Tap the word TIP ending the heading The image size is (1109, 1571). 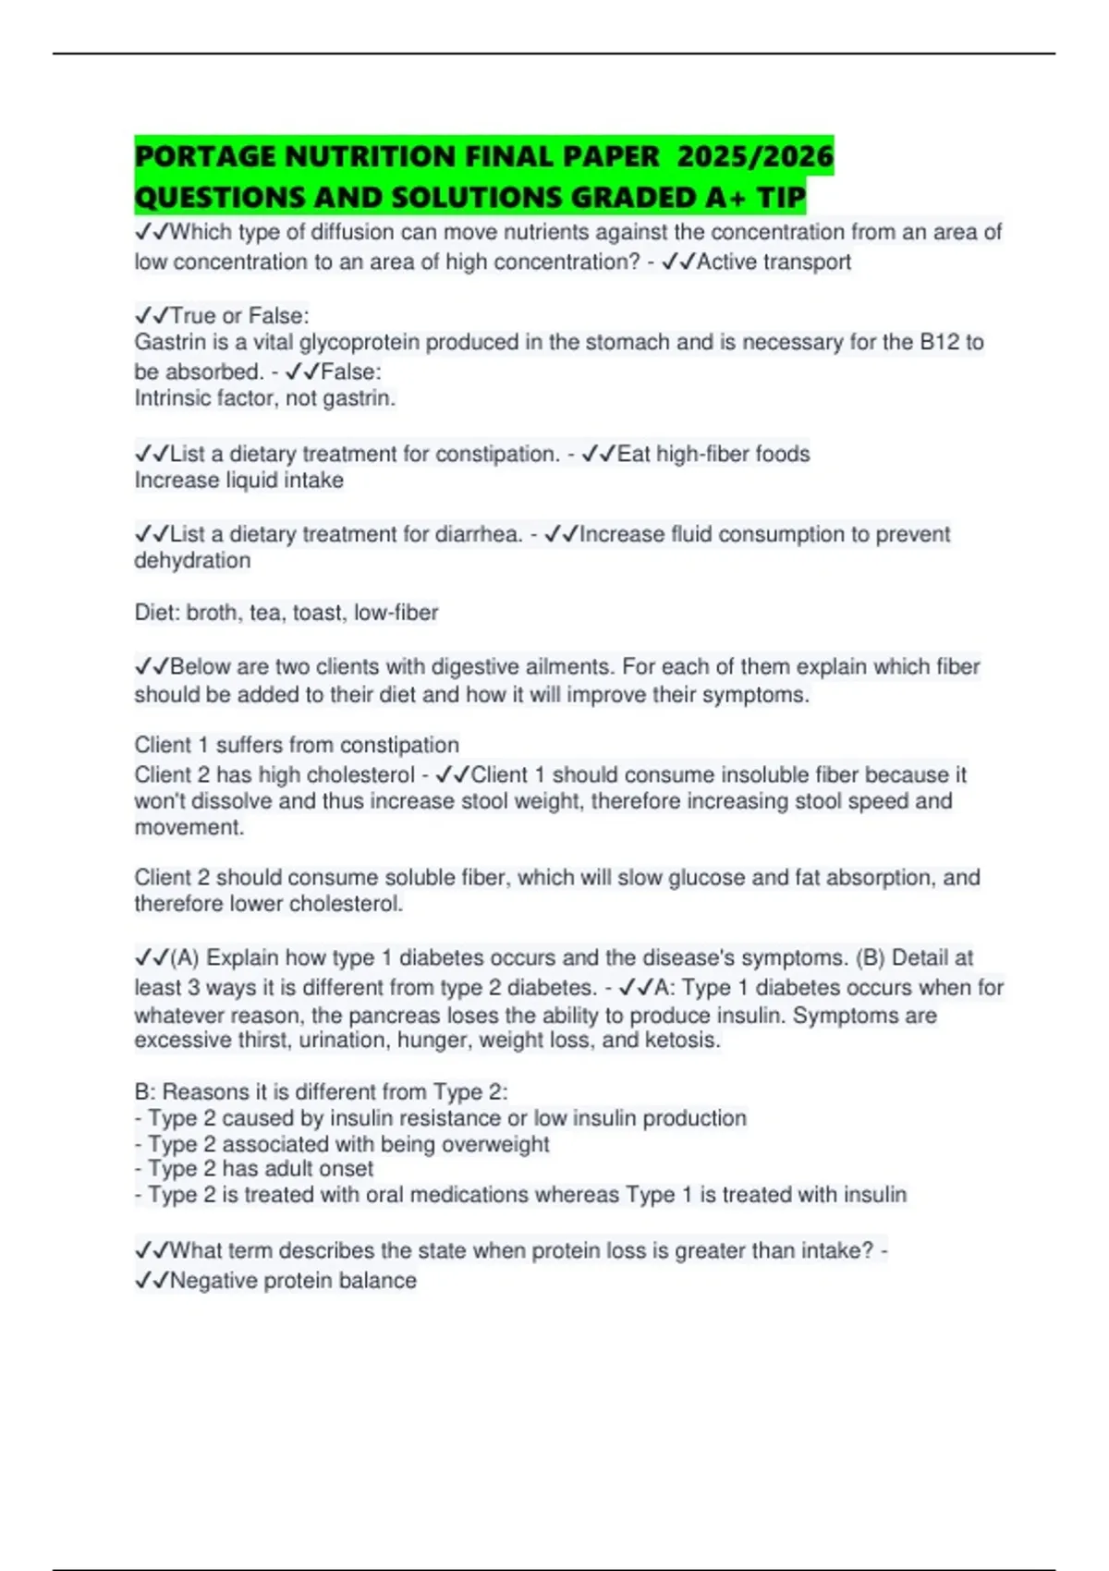click(x=781, y=197)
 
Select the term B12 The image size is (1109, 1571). click(x=940, y=343)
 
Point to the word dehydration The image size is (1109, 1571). click(x=192, y=560)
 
